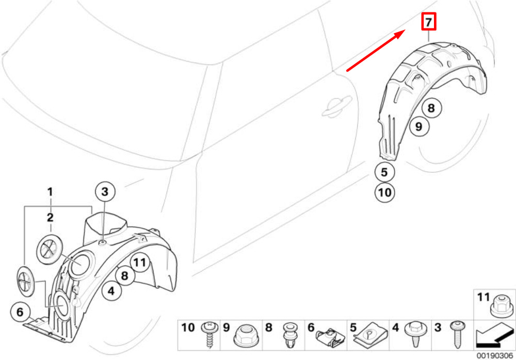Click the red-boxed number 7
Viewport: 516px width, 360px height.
pyautogui.click(x=428, y=22)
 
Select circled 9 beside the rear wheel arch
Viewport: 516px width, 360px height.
pyautogui.click(x=419, y=126)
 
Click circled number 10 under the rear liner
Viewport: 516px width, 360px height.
pyautogui.click(x=384, y=193)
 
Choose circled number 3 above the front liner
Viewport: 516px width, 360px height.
pyautogui.click(x=105, y=193)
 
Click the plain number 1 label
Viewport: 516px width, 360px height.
pyautogui.click(x=50, y=192)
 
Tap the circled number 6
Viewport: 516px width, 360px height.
pyautogui.click(x=20, y=312)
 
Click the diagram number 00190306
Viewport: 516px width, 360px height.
pyautogui.click(x=494, y=355)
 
